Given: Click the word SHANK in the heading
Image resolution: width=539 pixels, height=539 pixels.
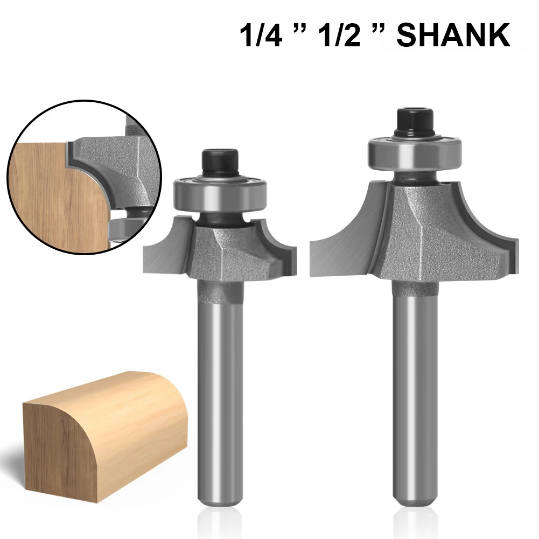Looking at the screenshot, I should (453, 36).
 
